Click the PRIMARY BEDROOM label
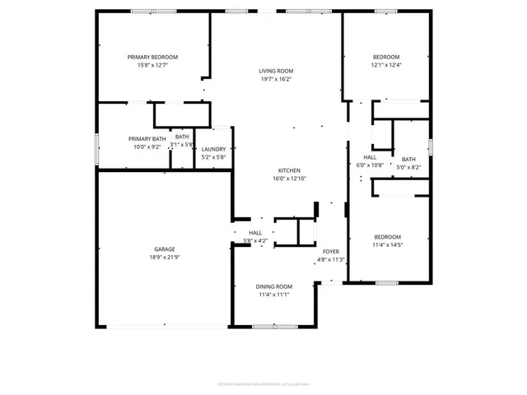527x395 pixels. pyautogui.click(x=152, y=57)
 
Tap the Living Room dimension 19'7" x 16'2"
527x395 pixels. pyautogui.click(x=276, y=80)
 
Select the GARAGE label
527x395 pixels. pyautogui.click(x=164, y=249)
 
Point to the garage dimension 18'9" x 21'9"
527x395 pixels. pyautogui.click(x=164, y=258)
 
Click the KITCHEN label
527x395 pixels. pyautogui.click(x=289, y=170)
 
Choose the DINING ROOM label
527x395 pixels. pyautogui.click(x=273, y=286)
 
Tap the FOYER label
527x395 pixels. pyautogui.click(x=330, y=251)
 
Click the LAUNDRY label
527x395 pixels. pyautogui.click(x=213, y=149)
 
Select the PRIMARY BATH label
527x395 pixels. pyautogui.click(x=147, y=138)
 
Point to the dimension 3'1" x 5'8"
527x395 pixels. pyautogui.click(x=182, y=145)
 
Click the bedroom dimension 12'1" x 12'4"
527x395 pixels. pyautogui.click(x=385, y=65)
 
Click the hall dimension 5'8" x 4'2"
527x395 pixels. pyautogui.click(x=255, y=241)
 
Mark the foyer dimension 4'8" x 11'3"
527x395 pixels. pyautogui.click(x=330, y=259)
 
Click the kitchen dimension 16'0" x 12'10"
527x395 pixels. pyautogui.click(x=289, y=179)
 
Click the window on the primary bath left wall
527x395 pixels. pyautogui.click(x=97, y=146)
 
